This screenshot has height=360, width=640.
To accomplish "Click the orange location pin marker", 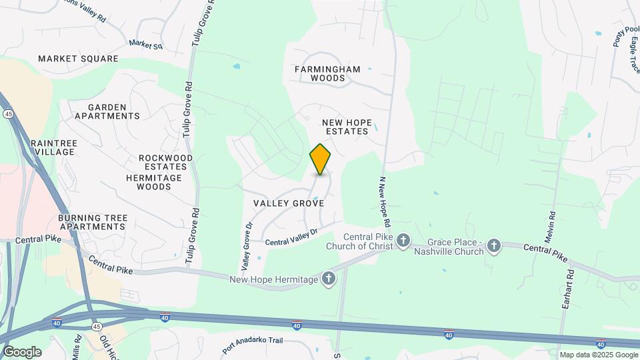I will tap(321, 159).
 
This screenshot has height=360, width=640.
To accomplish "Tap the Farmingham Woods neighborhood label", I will tap(327, 73).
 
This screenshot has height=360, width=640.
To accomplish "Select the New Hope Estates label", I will tap(345, 127).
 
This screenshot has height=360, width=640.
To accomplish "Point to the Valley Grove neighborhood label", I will tap(289, 203).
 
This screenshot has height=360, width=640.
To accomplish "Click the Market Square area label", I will tap(78, 59).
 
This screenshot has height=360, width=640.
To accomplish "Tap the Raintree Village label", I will tap(54, 147).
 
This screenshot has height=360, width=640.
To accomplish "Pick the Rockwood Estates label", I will tap(166, 162).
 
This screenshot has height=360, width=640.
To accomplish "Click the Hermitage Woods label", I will tap(154, 182).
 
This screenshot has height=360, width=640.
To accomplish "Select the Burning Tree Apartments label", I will tap(92, 222).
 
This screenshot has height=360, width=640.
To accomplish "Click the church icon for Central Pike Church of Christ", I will tap(403, 240).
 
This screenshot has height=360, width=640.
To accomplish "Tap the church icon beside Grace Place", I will tap(493, 246).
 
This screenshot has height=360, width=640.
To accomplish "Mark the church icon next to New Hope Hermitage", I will tap(328, 279).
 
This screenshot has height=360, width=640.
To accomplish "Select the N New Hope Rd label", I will tap(385, 201).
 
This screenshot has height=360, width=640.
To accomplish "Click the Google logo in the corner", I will tap(22, 351).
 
